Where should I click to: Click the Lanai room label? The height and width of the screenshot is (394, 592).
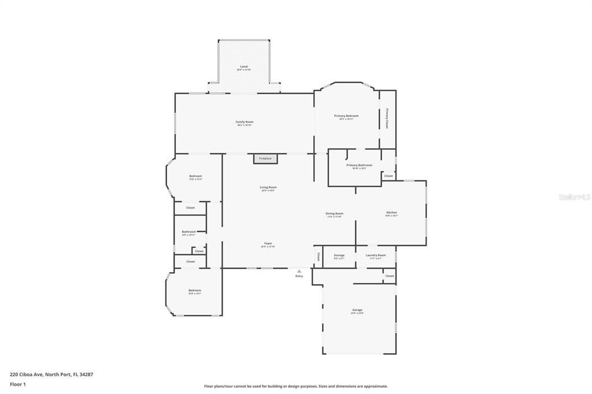pyautogui.click(x=244, y=67)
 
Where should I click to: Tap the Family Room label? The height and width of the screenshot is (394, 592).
pyautogui.click(x=245, y=122)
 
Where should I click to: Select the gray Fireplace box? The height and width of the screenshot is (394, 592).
pyautogui.click(x=265, y=158)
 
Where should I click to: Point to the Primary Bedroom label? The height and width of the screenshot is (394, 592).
pyautogui.click(x=346, y=116)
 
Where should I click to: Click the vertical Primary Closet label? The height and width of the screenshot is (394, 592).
pyautogui.click(x=387, y=118)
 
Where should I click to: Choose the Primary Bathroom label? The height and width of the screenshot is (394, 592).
pyautogui.click(x=359, y=166)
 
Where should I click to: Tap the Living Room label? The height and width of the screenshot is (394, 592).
pyautogui.click(x=268, y=188)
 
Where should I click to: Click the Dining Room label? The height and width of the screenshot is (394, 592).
pyautogui.click(x=334, y=214)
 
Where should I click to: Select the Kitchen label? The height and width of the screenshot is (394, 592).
pyautogui.click(x=391, y=213)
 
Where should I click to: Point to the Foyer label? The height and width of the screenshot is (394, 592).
pyautogui.click(x=268, y=244)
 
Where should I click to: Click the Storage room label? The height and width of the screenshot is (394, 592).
pyautogui.click(x=339, y=255)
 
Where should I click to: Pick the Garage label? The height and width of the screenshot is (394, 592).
pyautogui.click(x=357, y=310)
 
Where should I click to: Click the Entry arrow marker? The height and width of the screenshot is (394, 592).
pyautogui.click(x=299, y=271)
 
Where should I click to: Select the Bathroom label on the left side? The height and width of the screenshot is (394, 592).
pyautogui.click(x=188, y=232)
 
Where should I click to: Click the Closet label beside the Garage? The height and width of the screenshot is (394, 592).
pyautogui.click(x=389, y=276)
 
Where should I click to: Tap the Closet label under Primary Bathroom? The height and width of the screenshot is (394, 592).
pyautogui.click(x=388, y=176)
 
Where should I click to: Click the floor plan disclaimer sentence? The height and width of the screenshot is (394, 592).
pyautogui.click(x=295, y=386)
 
